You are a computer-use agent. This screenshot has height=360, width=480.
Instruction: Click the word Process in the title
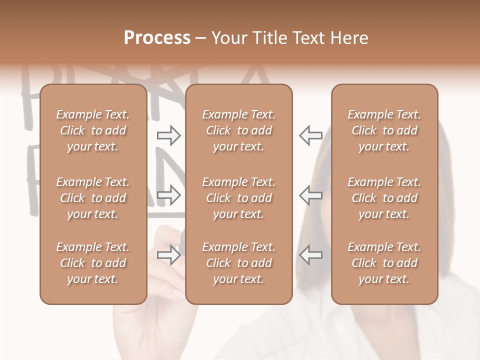tap(157, 38)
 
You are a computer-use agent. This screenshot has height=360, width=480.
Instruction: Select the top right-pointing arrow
tap(169, 135)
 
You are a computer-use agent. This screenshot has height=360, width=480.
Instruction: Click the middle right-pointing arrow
tap(169, 195)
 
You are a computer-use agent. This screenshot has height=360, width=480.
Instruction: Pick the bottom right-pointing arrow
tap(169, 254)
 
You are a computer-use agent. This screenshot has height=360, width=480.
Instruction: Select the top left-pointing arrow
tap(310, 135)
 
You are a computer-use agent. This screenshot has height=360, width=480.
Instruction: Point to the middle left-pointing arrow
tap(310, 195)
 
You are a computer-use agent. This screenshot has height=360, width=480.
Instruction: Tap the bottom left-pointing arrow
tap(310, 254)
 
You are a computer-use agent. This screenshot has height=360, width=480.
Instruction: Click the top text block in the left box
tap(93, 130)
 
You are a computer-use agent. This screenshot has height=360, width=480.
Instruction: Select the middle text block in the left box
tap(93, 198)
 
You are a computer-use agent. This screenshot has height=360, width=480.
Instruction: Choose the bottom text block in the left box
tap(93, 263)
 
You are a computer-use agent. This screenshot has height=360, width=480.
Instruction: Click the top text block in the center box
tap(238, 130)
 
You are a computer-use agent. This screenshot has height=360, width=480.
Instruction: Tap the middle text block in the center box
tap(238, 198)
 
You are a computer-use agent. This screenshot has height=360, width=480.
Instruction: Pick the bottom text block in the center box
tap(238, 263)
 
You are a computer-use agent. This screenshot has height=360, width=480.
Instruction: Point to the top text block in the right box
tap(384, 130)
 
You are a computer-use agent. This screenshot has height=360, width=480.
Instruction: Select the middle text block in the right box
tap(384, 198)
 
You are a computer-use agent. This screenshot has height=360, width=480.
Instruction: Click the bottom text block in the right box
tap(384, 263)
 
